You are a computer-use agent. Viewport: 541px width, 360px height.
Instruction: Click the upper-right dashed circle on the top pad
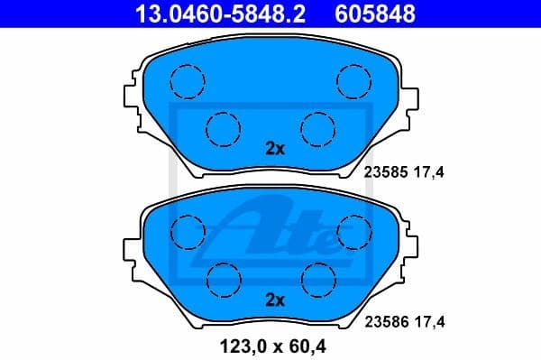(x=353, y=82)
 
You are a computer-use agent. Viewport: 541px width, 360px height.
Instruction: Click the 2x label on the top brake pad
(x=275, y=150)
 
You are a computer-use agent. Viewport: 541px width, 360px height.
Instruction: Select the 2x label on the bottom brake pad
(x=275, y=300)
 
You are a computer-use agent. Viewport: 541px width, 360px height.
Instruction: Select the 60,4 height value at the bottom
(x=303, y=344)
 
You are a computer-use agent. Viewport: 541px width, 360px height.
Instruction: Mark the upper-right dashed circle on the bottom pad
(x=353, y=231)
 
